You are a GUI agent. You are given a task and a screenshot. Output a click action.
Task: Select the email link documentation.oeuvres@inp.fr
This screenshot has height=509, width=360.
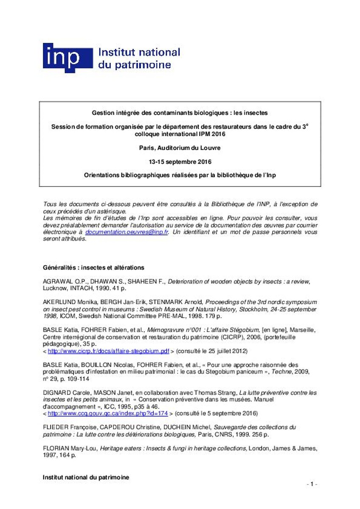(x=127, y=232)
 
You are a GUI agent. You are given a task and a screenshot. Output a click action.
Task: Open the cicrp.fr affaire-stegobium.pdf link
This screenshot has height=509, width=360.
(x=109, y=351)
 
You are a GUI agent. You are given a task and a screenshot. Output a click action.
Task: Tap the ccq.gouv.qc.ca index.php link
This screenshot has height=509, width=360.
(x=108, y=413)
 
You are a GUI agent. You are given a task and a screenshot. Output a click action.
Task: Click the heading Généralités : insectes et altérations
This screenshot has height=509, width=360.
(x=93, y=268)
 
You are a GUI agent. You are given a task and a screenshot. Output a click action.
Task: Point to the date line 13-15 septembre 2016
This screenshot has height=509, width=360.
(x=180, y=162)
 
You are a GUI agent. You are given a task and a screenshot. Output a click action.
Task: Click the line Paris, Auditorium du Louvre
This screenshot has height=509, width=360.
(x=180, y=148)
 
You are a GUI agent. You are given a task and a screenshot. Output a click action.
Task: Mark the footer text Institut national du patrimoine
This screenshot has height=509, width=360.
(x=86, y=477)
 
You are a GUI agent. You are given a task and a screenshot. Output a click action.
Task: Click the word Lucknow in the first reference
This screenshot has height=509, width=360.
(x=54, y=288)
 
